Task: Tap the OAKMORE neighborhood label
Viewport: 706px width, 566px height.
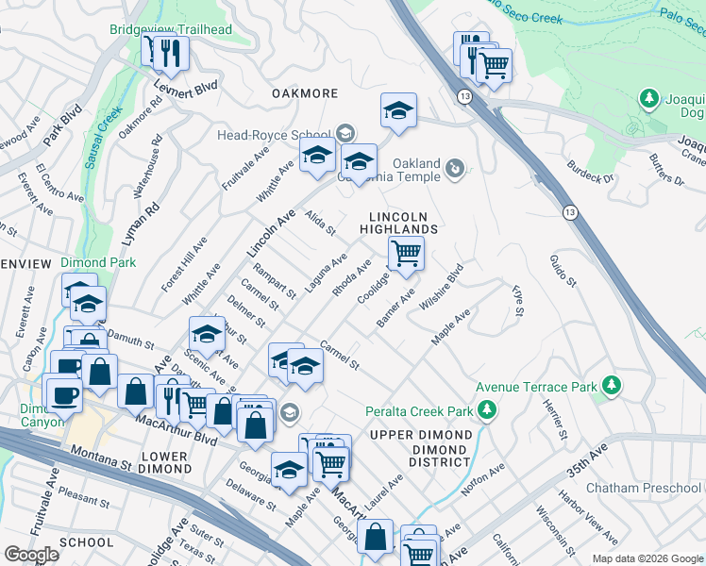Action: point(305,93)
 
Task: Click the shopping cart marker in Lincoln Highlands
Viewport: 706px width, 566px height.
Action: point(406,254)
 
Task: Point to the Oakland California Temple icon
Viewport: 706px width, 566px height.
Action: point(455,168)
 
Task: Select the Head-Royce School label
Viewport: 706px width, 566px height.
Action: point(274,135)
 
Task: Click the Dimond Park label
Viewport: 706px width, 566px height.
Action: point(98,262)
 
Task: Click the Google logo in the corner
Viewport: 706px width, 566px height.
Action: point(32,555)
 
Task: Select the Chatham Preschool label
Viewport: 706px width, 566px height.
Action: point(645,488)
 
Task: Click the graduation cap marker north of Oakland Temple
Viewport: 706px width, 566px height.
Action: point(399,110)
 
